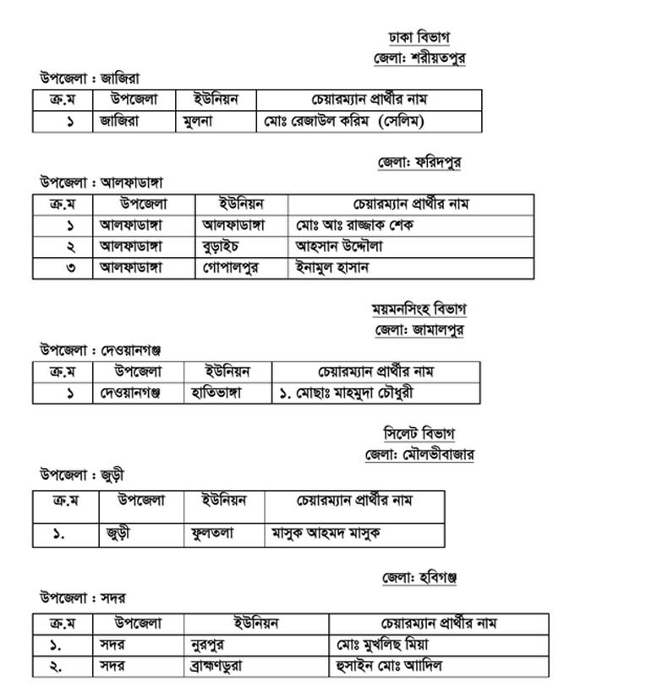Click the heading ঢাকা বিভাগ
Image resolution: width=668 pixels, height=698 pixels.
(419, 38)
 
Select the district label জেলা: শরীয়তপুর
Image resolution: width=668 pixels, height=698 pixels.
(419, 58)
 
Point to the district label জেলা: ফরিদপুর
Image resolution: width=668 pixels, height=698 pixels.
(422, 162)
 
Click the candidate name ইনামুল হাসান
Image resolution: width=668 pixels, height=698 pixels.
(332, 267)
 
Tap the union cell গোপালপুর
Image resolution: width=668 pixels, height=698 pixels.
(231, 267)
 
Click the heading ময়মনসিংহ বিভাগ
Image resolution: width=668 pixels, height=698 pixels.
(419, 309)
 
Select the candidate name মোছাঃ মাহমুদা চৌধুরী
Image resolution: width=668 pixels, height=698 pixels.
(347, 393)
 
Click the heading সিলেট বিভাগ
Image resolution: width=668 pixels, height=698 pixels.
(419, 434)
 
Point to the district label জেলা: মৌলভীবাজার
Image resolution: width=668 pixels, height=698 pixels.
(419, 454)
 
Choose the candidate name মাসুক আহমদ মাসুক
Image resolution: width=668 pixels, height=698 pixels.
(326, 534)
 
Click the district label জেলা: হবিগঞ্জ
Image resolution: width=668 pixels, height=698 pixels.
(419, 579)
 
